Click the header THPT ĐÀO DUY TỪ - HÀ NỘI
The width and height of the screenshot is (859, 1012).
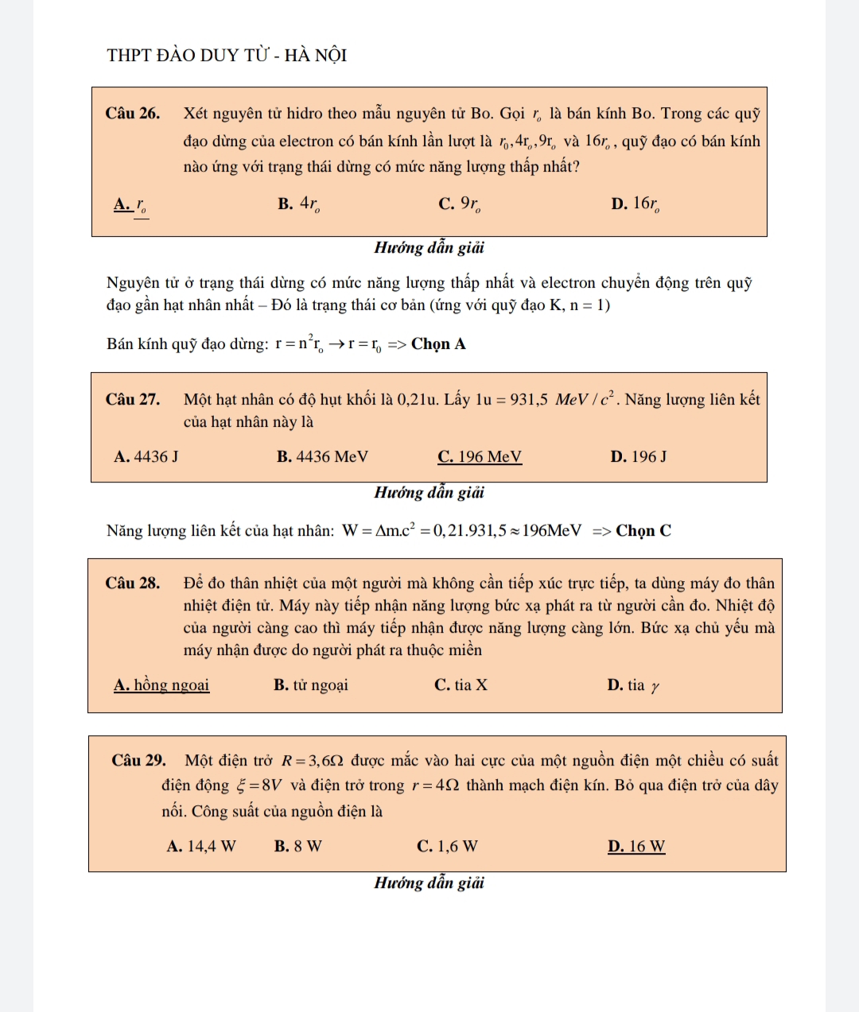point(227,56)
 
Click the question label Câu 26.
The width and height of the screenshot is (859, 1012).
point(133,114)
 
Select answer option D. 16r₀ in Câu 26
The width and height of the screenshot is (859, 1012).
point(635,204)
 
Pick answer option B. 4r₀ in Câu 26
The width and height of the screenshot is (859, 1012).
point(299,204)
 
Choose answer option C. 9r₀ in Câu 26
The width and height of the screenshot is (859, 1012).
point(460,204)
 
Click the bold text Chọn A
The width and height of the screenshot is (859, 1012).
point(438,344)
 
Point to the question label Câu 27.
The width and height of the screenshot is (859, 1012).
point(133,400)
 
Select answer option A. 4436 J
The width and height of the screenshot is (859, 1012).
point(146,457)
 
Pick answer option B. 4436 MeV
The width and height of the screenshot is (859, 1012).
point(322,457)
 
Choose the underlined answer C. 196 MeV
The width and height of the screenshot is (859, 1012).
point(480,457)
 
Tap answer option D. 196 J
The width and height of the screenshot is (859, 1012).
point(639,457)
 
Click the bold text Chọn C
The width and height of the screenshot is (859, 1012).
point(643,531)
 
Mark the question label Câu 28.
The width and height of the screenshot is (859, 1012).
point(133,584)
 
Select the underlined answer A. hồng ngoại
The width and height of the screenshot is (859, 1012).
point(161,685)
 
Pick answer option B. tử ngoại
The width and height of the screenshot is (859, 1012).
point(310,685)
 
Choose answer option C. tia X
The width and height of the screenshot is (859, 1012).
point(461,685)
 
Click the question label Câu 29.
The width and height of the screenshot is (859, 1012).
point(139,761)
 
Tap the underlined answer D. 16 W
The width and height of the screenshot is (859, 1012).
point(636,847)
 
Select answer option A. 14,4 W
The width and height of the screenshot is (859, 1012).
point(201,847)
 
